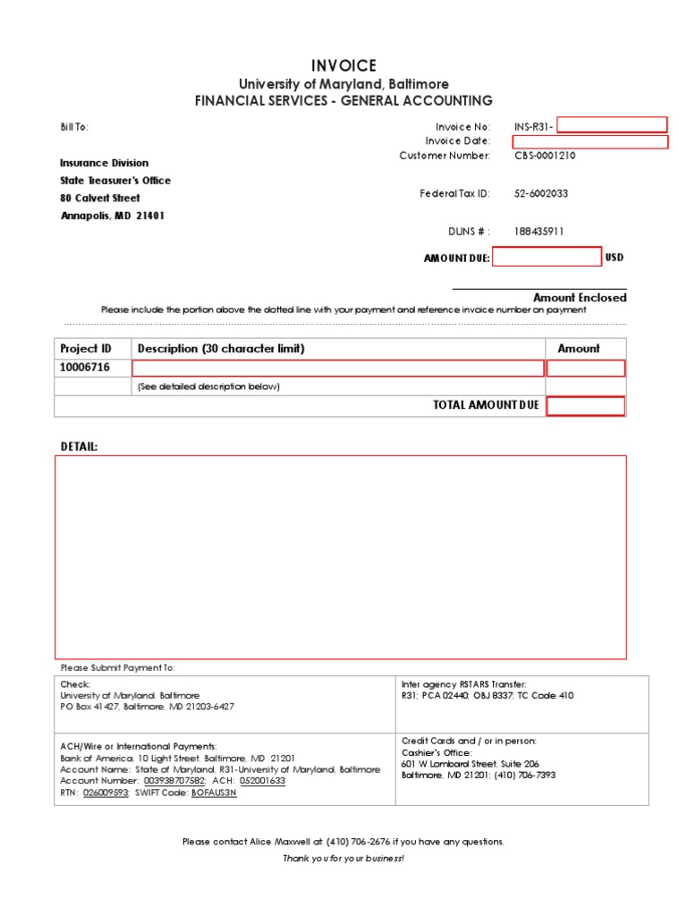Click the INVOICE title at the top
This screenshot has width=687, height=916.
pos(343,66)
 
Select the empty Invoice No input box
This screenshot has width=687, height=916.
pos(612,125)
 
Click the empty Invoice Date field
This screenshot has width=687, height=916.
pos(589,141)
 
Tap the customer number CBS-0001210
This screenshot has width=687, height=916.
pos(545,156)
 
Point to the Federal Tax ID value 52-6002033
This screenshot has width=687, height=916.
pos(541,193)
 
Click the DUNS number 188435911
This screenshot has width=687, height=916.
pos(539,232)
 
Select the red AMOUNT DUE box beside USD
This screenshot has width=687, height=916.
pos(547,258)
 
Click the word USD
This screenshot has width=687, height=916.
pos(615,258)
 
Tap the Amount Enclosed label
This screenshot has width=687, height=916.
pos(580,298)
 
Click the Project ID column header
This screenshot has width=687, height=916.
pos(86,349)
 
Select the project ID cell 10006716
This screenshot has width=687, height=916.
pos(86,368)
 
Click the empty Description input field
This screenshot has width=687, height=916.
pos(338,369)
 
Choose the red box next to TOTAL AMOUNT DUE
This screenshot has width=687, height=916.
pos(586,406)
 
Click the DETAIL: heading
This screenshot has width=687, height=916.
pos(80,446)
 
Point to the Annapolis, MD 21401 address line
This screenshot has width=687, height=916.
pos(113,216)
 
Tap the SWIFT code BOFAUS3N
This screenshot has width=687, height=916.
pos(214,793)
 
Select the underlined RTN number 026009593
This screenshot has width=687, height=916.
pos(106,793)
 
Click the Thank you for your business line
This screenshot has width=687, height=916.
pos(343,859)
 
